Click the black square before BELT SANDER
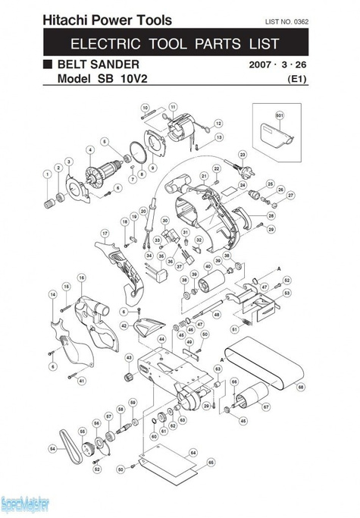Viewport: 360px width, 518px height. point(48,64)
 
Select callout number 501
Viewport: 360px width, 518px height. point(279,115)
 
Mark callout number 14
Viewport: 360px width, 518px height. point(53,294)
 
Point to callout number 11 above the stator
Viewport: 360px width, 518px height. point(173,107)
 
